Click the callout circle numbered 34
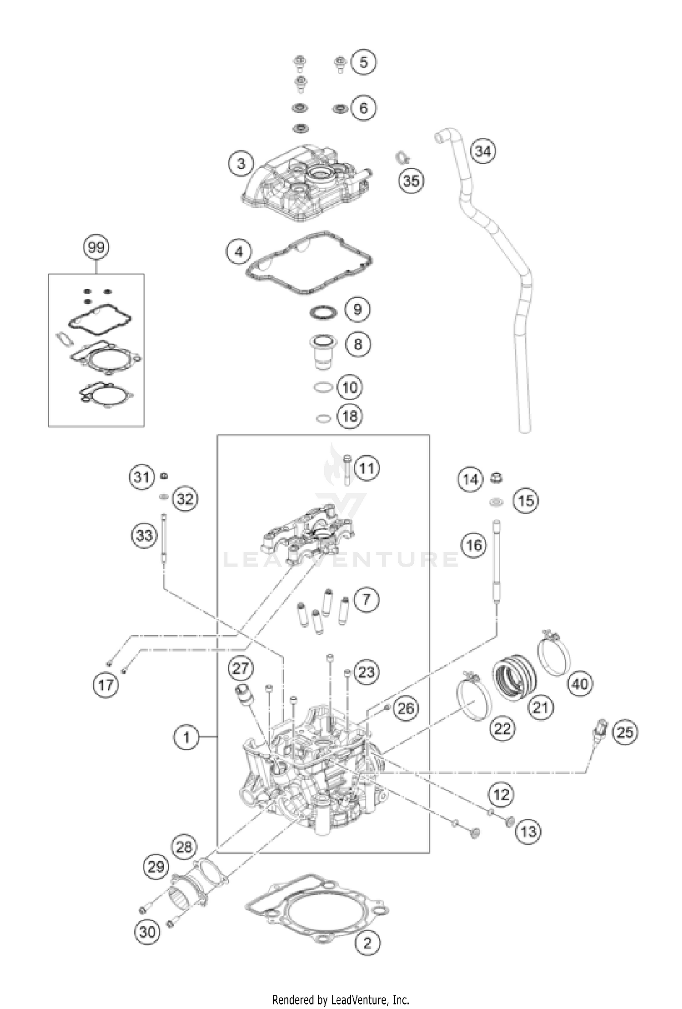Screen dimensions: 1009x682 coord(483,151)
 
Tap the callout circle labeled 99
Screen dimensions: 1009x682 coord(96,248)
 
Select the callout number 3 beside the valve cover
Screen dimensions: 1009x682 coord(241,163)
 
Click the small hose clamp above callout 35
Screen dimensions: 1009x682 coord(401,158)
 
